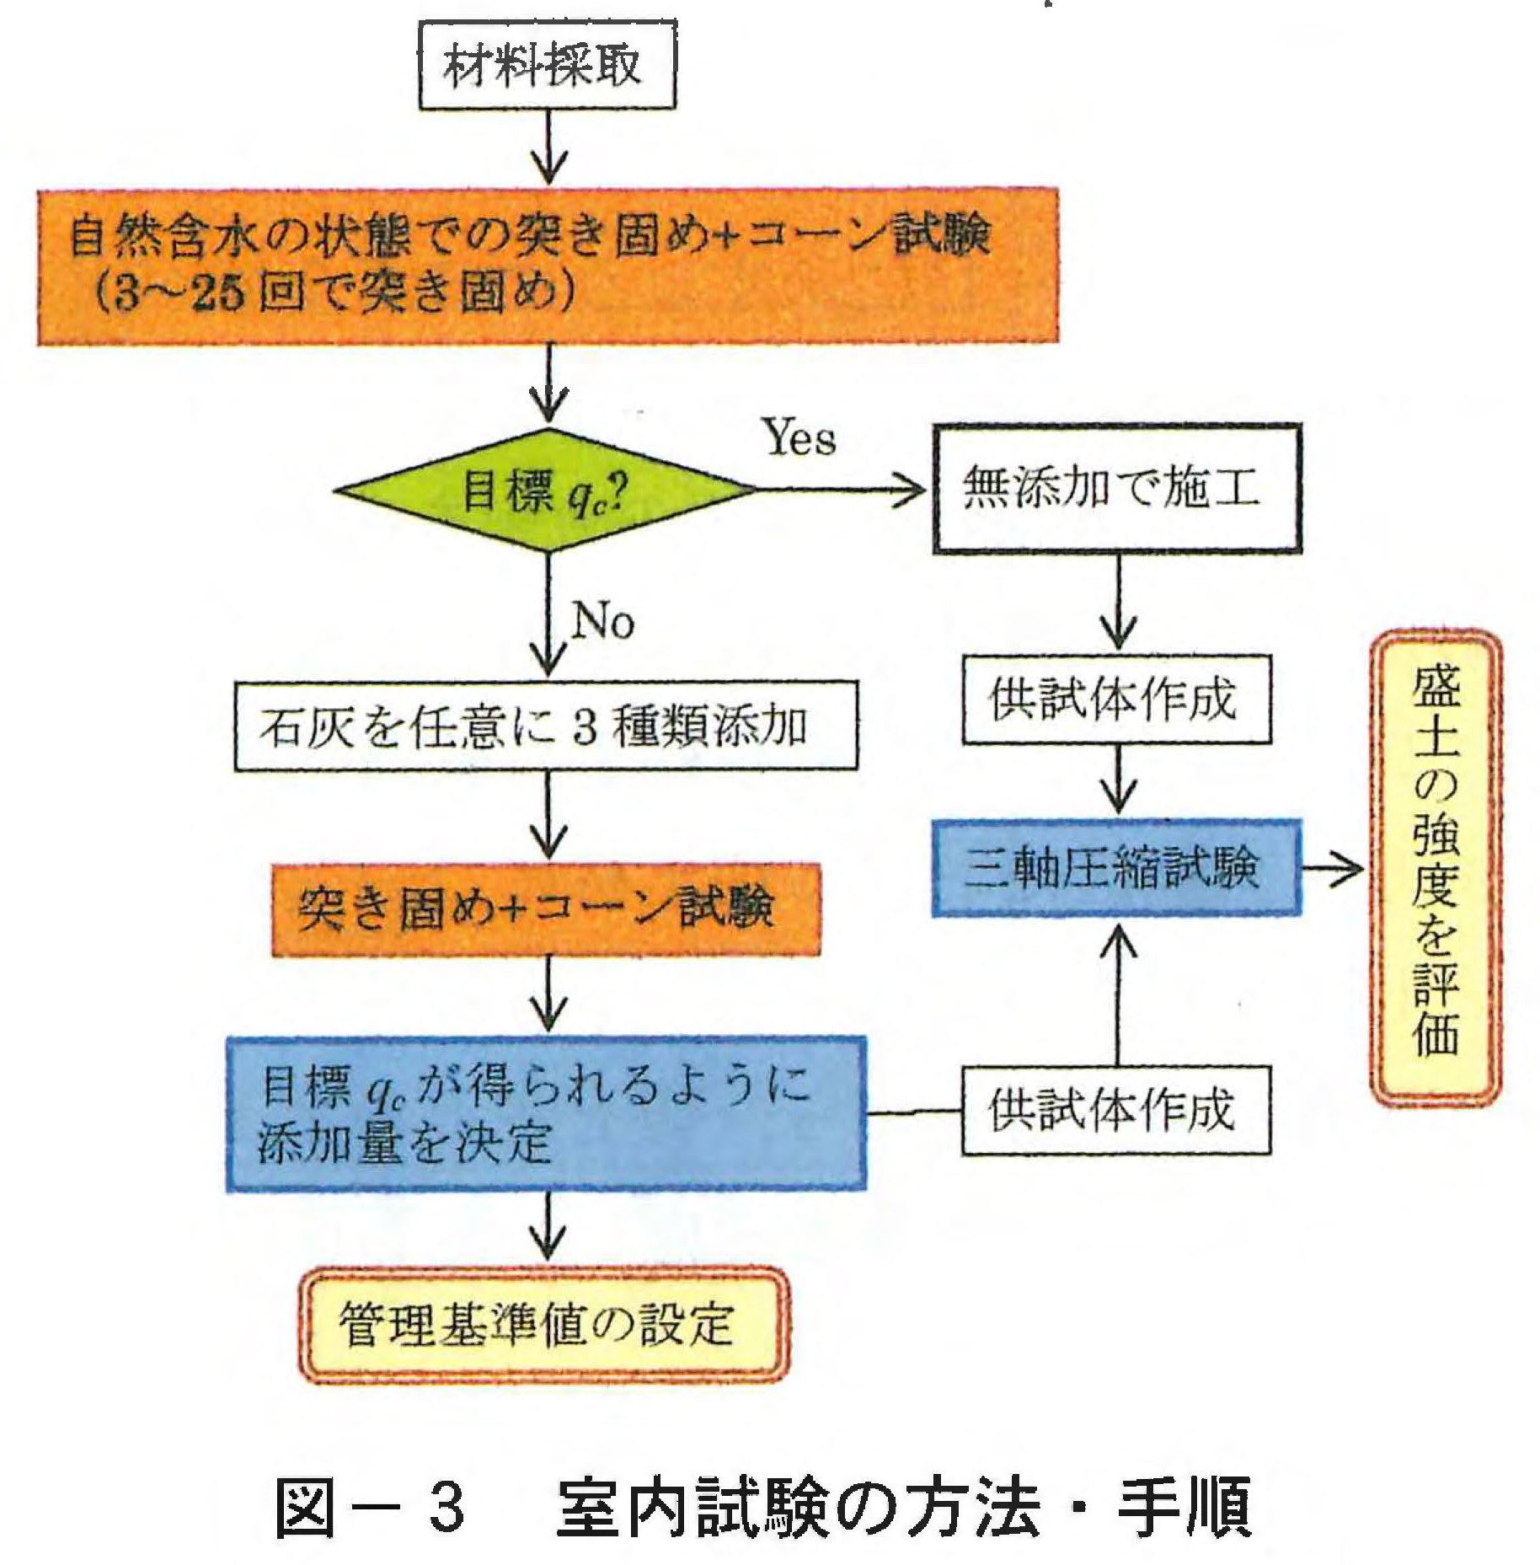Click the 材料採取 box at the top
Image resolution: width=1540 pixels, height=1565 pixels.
[x=547, y=66]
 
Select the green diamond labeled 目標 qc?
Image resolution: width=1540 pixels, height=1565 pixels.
[x=546, y=490]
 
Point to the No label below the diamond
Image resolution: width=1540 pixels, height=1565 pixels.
[x=602, y=623]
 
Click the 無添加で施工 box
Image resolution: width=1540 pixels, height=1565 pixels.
[x=1116, y=489]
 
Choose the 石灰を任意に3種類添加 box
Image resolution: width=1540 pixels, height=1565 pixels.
[x=546, y=726]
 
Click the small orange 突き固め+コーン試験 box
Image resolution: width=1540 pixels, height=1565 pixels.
[x=545, y=909]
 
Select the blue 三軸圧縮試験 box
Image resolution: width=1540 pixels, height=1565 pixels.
[x=1116, y=868]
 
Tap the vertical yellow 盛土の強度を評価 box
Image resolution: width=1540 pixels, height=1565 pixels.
[x=1436, y=868]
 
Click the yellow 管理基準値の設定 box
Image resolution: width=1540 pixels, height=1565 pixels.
[x=543, y=1325]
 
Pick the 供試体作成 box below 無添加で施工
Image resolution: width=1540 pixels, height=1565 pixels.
[x=1116, y=699]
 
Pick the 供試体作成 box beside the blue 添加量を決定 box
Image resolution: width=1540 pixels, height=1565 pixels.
[x=1116, y=1110]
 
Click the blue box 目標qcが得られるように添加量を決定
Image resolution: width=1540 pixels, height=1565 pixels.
[x=546, y=1113]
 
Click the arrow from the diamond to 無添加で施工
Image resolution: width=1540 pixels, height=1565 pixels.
[x=842, y=490]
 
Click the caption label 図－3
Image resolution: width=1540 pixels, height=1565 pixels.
[x=371, y=1506]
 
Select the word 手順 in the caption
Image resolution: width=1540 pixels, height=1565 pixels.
[x=1184, y=1506]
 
